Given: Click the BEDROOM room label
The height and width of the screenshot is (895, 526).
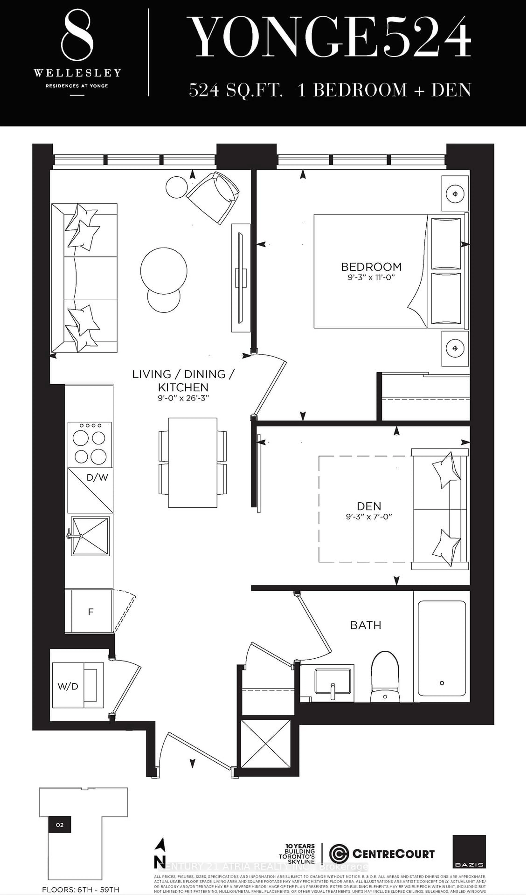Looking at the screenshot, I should (371, 267).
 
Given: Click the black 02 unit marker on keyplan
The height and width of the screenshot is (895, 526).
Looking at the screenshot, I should (60, 825).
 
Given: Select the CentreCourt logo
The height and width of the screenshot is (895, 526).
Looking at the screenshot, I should (382, 854).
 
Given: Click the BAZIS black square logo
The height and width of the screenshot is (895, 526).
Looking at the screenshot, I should (469, 851).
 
